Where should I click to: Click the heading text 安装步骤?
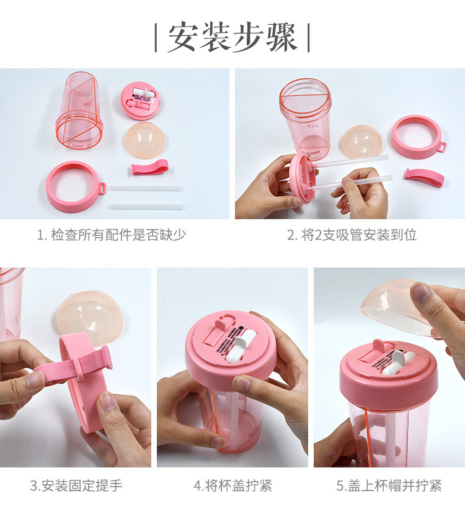[232, 38]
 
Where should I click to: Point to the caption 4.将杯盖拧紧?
[232, 485]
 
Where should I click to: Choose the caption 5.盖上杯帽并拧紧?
[389, 485]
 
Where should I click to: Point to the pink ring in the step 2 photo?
[417, 135]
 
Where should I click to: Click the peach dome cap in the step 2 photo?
[361, 142]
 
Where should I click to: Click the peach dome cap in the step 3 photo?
[84, 315]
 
